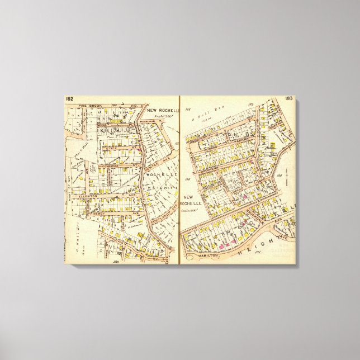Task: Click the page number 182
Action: [x=69, y=99]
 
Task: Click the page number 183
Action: [x=288, y=98]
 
